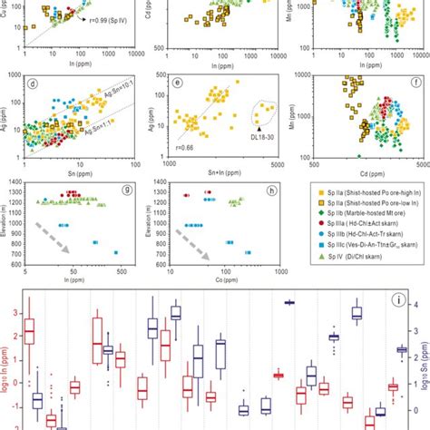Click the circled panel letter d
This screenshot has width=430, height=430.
(34, 86)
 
